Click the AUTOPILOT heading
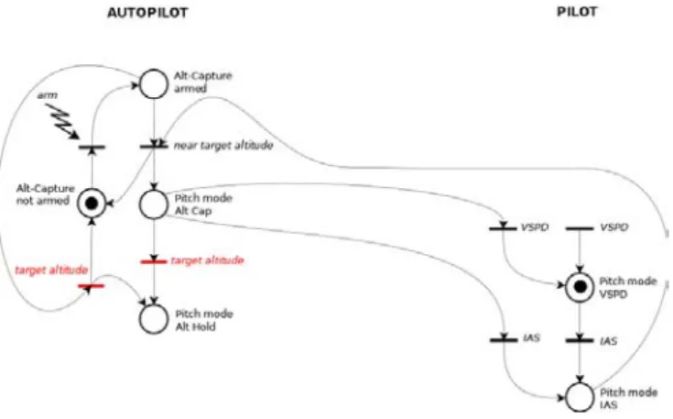click(147, 13)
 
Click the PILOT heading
click(577, 12)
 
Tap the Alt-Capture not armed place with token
click(92, 204)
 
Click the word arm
click(48, 95)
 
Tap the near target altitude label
click(223, 146)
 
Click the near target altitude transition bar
click(154, 147)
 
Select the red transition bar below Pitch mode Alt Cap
click(154, 261)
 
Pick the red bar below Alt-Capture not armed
click(91, 286)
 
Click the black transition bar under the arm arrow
click(92, 147)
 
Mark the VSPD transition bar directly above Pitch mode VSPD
click(580, 228)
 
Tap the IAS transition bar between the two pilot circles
click(580, 340)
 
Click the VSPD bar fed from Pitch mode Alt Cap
click(503, 228)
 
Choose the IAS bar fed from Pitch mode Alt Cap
click(504, 340)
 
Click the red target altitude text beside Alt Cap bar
click(207, 260)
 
